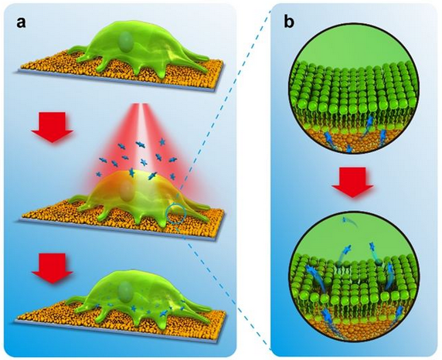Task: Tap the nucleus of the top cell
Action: pos(124,40)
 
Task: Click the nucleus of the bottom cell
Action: pos(124,291)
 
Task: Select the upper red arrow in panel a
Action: pos(53,127)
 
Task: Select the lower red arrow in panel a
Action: pos(53,268)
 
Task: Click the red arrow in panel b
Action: pos(352,182)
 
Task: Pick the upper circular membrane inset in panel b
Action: pos(352,89)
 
